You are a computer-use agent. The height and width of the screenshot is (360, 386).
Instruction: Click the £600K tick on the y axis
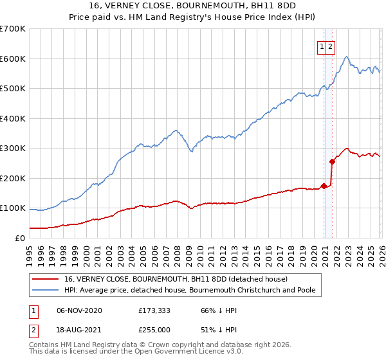pos(13,59)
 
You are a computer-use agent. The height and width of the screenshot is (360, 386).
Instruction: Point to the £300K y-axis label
pos(13,148)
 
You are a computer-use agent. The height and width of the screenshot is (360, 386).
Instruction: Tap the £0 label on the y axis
pos(19,238)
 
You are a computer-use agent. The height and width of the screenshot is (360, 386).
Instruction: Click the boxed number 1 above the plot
pos(320,46)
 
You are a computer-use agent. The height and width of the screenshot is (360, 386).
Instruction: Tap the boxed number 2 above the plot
pos(330,46)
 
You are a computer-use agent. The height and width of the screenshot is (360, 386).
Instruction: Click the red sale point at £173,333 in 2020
pos(324,186)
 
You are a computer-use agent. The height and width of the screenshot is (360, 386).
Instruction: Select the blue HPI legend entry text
pos(190,290)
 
